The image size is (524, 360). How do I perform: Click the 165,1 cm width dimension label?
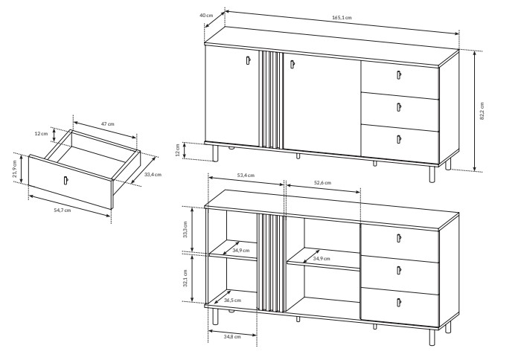tap(342, 17)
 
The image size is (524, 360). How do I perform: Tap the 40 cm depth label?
tap(206, 15)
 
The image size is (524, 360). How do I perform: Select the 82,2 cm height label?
tap(482, 111)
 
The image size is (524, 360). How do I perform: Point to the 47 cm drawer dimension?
tap(108, 124)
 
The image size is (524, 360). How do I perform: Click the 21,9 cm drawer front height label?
tap(15, 170)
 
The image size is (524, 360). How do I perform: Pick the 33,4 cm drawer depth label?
tap(153, 174)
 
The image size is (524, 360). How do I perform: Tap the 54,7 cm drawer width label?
tap(63, 210)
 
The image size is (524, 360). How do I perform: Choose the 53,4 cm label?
tap(246, 176)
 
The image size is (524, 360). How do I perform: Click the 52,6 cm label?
tap(322, 183)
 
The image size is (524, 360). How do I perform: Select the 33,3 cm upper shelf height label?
tap(185, 229)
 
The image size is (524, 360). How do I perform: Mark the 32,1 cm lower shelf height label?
tap(185, 278)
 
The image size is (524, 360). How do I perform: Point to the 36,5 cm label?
tap(232, 300)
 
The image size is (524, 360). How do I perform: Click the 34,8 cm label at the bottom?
tap(232, 337)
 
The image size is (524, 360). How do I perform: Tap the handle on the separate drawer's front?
tap(65, 180)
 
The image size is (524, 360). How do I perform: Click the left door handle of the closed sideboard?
tap(248, 60)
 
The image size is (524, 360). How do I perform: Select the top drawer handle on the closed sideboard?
tap(398, 75)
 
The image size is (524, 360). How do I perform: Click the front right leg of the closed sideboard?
tap(432, 174)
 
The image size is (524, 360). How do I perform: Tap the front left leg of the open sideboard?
tap(215, 316)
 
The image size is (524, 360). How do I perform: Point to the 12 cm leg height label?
tap(178, 150)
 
